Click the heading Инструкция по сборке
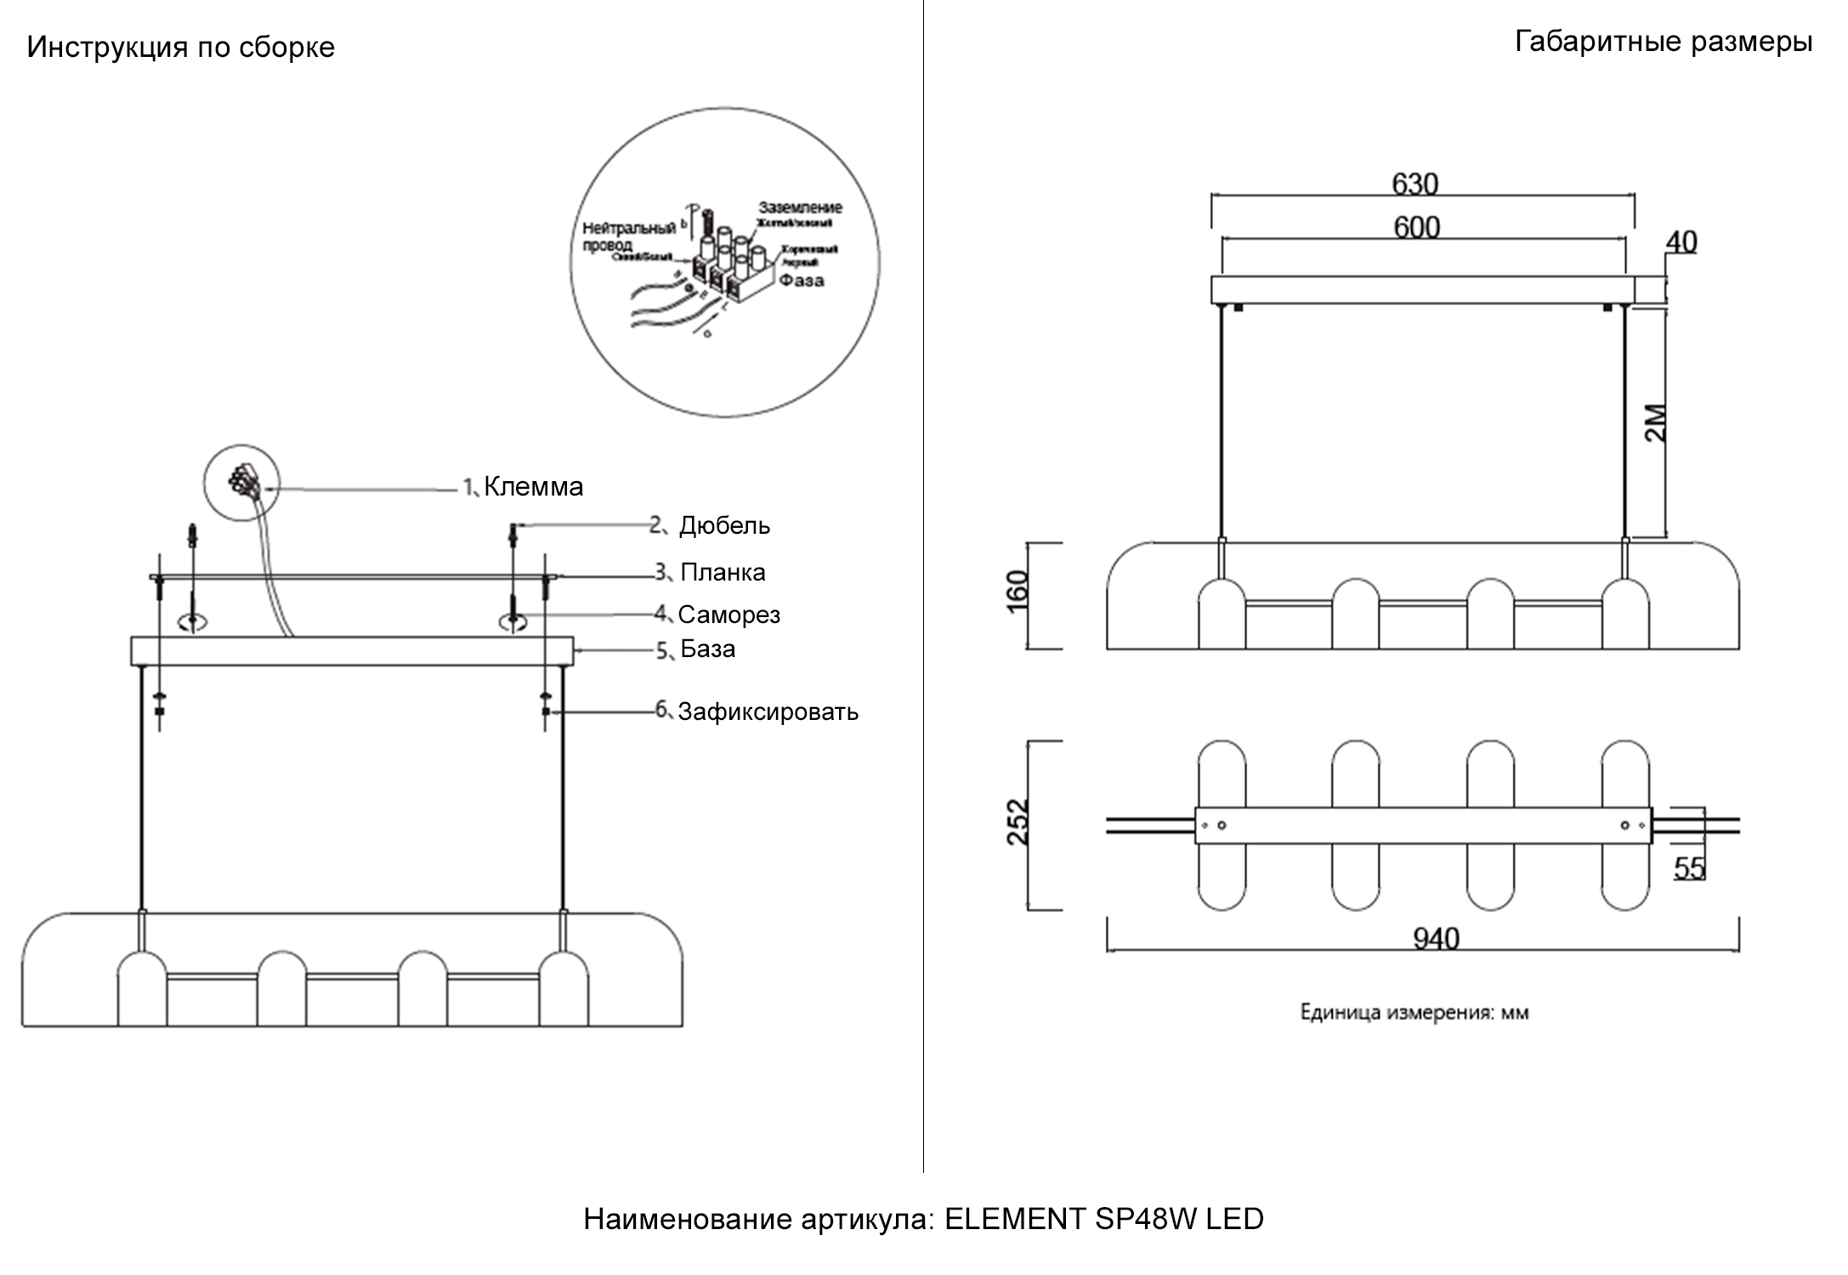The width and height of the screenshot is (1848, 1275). tap(180, 47)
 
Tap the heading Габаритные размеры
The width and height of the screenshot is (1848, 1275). tap(1663, 41)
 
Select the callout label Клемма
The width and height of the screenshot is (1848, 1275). tap(533, 486)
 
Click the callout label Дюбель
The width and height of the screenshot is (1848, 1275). tap(723, 525)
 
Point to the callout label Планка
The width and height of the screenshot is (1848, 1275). tap(723, 572)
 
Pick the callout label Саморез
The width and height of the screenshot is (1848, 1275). tap(728, 614)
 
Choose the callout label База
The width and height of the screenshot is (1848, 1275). tap(707, 649)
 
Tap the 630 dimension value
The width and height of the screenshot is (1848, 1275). tap(1415, 184)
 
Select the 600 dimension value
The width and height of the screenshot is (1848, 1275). tap(1416, 227)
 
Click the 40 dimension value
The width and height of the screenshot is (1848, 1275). tap(1681, 242)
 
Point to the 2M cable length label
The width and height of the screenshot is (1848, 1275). tap(1656, 422)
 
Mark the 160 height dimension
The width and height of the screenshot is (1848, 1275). tap(1017, 591)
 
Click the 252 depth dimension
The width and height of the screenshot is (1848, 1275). tap(1018, 821)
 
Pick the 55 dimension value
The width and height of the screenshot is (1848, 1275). tap(1689, 868)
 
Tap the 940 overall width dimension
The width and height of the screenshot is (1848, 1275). tap(1436, 938)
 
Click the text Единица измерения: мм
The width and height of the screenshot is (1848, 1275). tap(1414, 1012)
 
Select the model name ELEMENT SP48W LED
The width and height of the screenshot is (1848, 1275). tap(1104, 1219)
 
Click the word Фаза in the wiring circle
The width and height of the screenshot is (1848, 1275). tap(802, 280)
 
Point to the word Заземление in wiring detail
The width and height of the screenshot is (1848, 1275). tap(800, 207)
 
